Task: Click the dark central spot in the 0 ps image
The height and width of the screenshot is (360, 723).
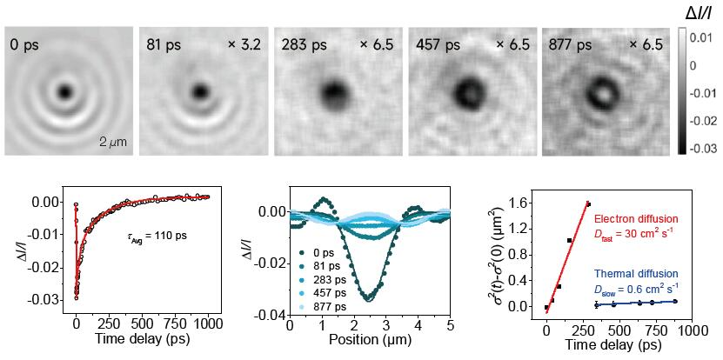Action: coord(64,90)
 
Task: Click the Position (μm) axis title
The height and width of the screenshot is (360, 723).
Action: coord(369,339)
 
